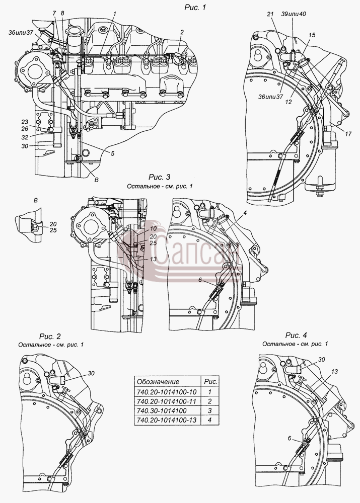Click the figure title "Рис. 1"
[195, 8]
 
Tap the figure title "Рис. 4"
[296, 335]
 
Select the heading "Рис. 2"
[50, 337]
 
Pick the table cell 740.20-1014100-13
[167, 420]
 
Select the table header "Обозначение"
[158, 382]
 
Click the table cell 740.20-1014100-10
[167, 392]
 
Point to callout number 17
[348, 134]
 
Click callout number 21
[270, 14]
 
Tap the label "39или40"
[293, 14]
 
